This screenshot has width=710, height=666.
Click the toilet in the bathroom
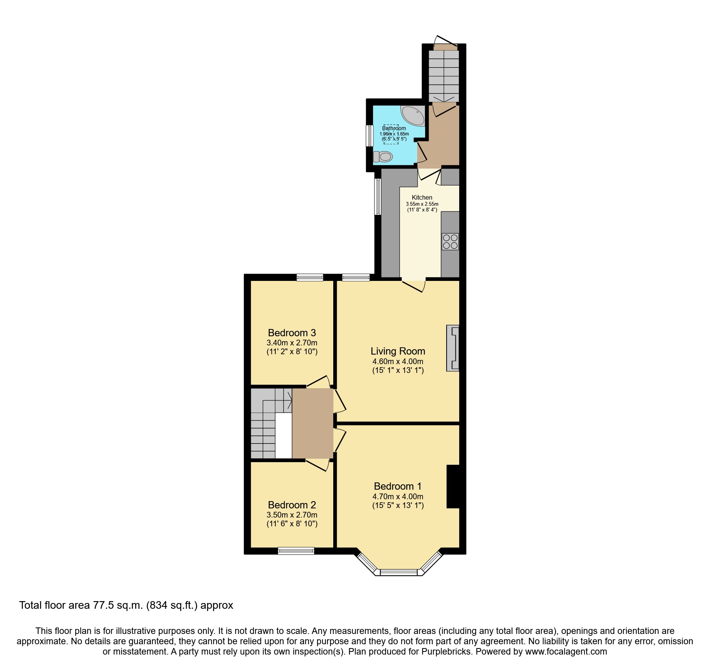(383, 156)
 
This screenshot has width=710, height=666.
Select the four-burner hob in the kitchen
(450, 242)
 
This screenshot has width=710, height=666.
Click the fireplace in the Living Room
(453, 348)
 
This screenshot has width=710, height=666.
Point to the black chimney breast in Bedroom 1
(453, 487)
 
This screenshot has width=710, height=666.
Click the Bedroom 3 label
(292, 333)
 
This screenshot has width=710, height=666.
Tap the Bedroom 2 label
(292, 505)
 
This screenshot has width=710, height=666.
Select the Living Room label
(398, 351)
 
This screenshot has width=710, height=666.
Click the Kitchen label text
(422, 197)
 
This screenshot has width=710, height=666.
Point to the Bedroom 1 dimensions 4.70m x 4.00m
(398, 497)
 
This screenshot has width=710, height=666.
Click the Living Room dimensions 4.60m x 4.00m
(398, 361)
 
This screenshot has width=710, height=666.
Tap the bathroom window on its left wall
(369, 135)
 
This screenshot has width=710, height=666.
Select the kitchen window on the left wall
(378, 197)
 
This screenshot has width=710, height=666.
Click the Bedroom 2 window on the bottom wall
(296, 550)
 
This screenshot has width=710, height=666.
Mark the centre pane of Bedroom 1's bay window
(399, 572)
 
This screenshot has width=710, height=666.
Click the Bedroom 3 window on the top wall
(310, 277)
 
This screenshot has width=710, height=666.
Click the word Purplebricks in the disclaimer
(446, 651)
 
